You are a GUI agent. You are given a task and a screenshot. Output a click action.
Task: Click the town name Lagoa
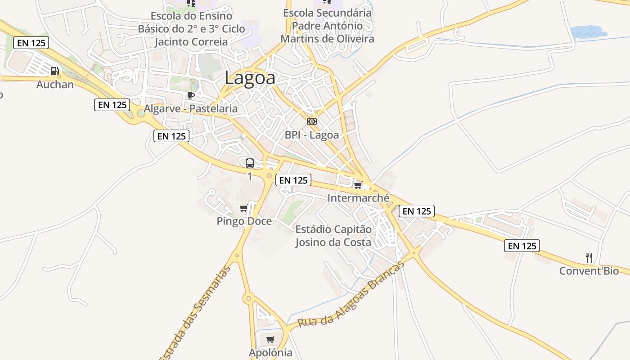coord(250,78)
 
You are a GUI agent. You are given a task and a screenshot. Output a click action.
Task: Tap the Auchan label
coord(55,84)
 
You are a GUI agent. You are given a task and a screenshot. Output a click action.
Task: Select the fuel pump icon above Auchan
coord(55,71)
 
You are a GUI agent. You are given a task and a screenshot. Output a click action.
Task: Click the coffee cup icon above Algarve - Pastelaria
coord(191,95)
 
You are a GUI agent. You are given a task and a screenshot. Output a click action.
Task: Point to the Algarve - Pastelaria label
coord(190,108)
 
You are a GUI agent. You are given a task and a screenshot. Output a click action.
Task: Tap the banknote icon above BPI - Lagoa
coord(311,121)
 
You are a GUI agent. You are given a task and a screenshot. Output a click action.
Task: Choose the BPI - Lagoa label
coord(311,135)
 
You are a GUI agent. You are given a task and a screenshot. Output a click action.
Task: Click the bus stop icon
coord(250,163)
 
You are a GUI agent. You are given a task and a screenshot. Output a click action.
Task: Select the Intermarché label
coord(358,198)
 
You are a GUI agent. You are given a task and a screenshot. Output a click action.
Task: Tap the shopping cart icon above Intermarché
coord(358,185)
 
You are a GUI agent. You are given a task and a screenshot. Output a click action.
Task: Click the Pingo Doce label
coord(244,221)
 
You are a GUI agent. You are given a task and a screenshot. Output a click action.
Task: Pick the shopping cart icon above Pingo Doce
coord(244,208)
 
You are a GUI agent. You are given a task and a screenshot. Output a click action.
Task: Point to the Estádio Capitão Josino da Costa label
coord(333,236)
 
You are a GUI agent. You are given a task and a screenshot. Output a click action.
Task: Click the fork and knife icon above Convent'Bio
coord(589,258)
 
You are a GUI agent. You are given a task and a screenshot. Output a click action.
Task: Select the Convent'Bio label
coord(589,271)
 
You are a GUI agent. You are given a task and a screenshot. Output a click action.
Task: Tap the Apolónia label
coord(270,352)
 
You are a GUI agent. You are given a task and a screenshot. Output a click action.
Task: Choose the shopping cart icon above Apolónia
coord(270,340)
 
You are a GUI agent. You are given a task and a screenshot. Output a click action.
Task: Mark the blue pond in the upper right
coord(588,32)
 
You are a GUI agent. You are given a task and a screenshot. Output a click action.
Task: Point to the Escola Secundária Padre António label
coord(328,26)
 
